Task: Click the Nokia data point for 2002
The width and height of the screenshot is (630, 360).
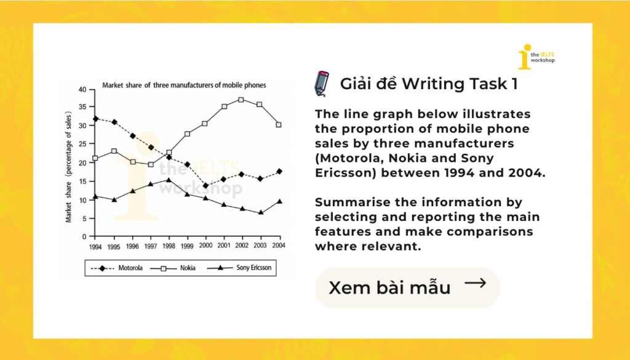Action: click(x=241, y=100)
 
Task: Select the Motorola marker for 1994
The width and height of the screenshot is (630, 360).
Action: click(x=95, y=119)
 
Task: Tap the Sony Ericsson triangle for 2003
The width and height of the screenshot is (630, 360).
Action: click(x=261, y=212)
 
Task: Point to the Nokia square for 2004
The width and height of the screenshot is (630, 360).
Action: click(x=279, y=125)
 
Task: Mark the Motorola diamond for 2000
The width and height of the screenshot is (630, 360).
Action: click(x=205, y=186)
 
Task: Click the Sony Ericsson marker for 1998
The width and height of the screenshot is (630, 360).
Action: click(x=169, y=180)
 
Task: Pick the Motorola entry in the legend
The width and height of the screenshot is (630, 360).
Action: click(x=116, y=268)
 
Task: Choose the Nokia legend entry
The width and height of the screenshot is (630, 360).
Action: click(x=173, y=268)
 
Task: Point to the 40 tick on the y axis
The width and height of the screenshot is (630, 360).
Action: click(x=82, y=90)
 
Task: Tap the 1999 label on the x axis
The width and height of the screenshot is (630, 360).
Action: click(x=187, y=246)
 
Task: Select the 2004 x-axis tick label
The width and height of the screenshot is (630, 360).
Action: click(x=279, y=245)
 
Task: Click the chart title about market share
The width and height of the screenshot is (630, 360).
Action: click(x=184, y=85)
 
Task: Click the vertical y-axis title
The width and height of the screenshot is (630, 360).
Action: click(x=68, y=167)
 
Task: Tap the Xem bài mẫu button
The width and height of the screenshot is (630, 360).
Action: click(x=407, y=287)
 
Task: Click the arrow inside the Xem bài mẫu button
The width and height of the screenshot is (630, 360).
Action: click(x=476, y=283)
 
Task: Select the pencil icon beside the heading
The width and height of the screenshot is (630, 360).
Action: click(x=321, y=84)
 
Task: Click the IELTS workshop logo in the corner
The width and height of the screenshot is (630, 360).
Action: click(x=536, y=57)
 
